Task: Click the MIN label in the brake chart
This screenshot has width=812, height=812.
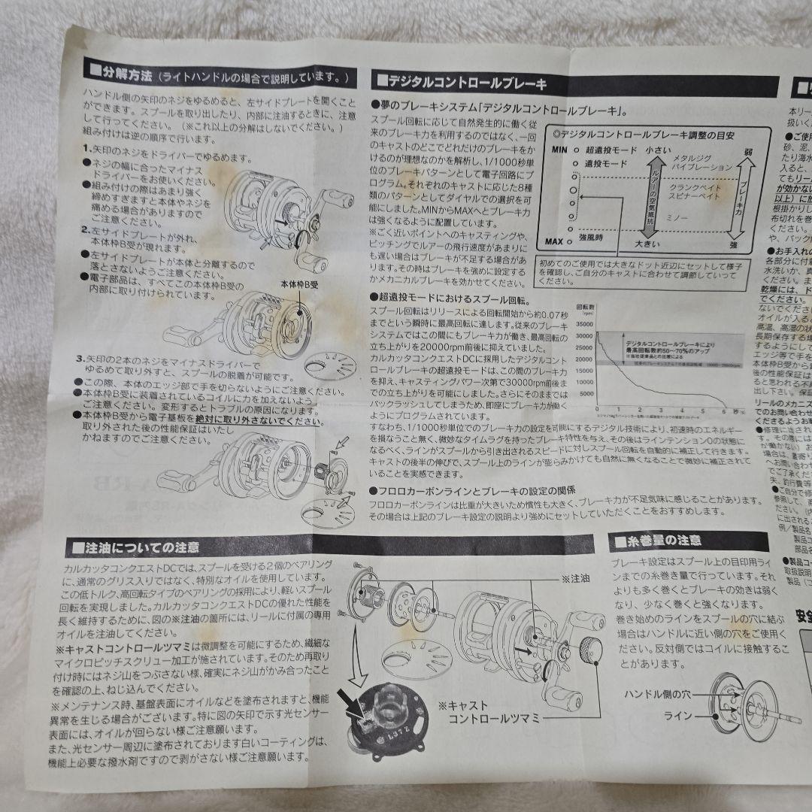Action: tap(557, 150)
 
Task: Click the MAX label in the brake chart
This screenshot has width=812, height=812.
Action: tap(556, 242)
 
